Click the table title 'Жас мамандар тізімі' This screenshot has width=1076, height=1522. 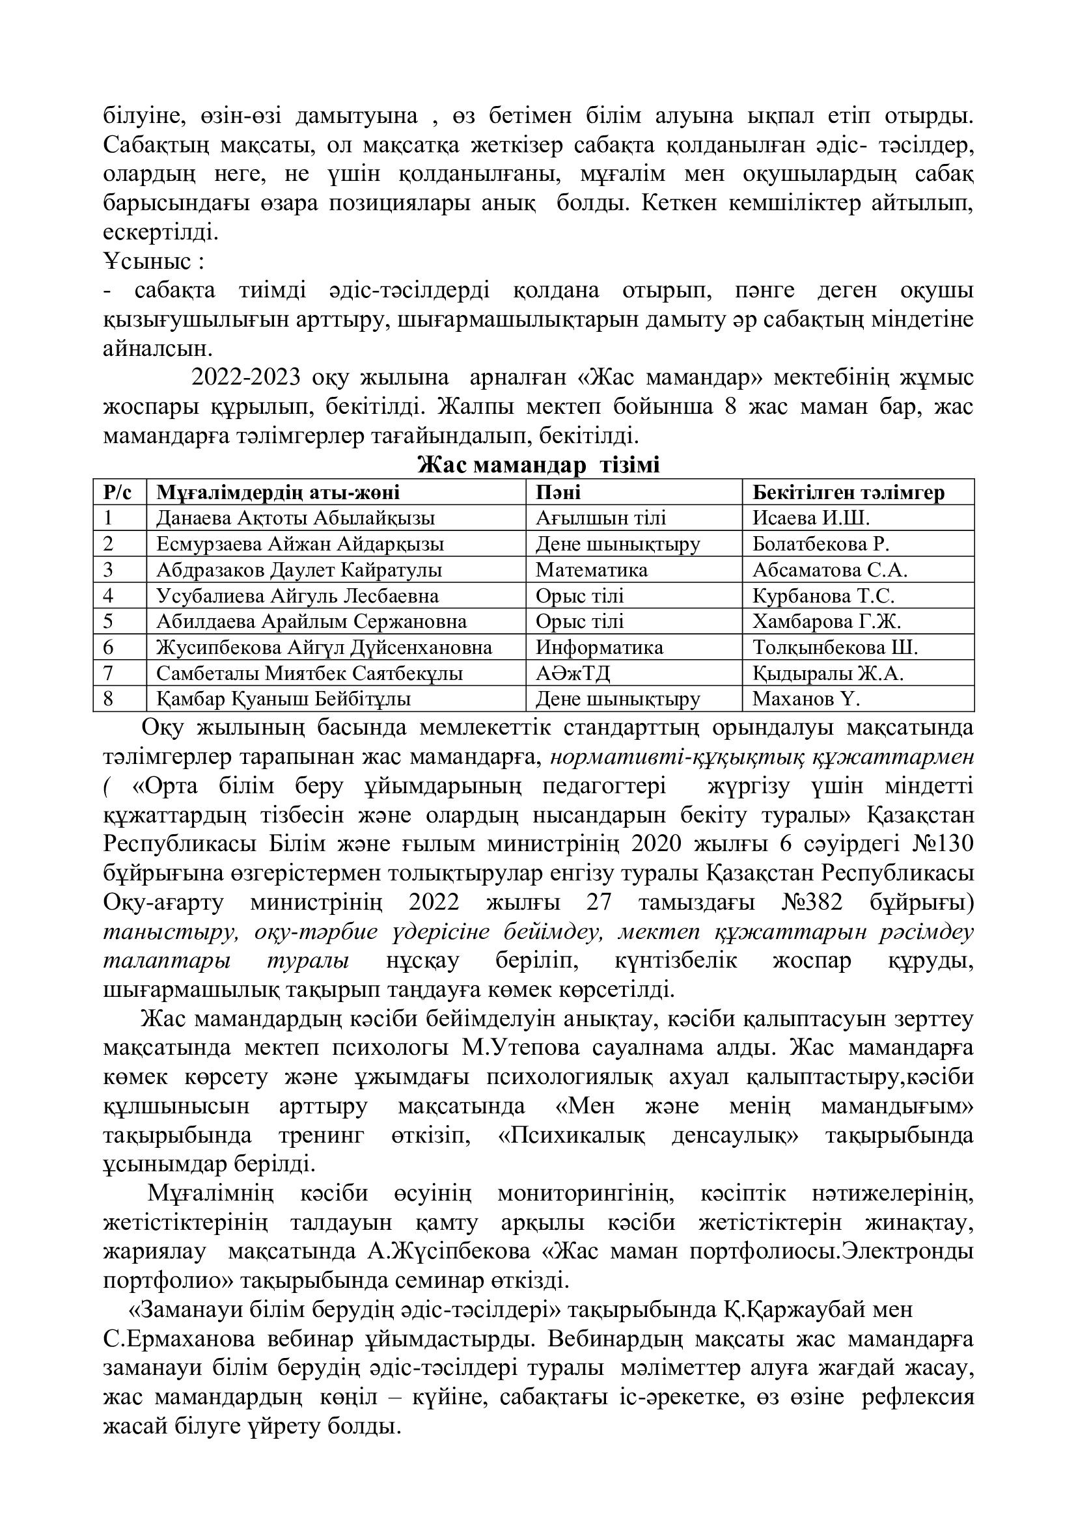pyautogui.click(x=538, y=465)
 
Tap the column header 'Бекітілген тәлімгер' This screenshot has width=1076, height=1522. pyautogui.click(x=848, y=493)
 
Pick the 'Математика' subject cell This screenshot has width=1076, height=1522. pyautogui.click(x=591, y=569)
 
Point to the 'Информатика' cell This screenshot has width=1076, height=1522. pyautogui.click(x=600, y=647)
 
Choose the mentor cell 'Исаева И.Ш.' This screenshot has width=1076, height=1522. pyautogui.click(x=810, y=518)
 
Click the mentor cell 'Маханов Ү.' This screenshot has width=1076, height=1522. pyautogui.click(x=805, y=699)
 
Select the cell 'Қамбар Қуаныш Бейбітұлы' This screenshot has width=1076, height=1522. pyautogui.click(x=284, y=699)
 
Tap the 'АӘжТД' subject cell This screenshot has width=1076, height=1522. pyautogui.click(x=573, y=673)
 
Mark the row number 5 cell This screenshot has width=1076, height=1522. pyautogui.click(x=109, y=621)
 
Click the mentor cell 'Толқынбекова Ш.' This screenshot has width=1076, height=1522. pyautogui.click(x=835, y=647)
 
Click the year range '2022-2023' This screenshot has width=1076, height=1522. pyautogui.click(x=245, y=377)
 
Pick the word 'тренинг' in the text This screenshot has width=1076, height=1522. pyautogui.click(x=321, y=1135)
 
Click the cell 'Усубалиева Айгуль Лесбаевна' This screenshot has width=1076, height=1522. pyautogui.click(x=297, y=595)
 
